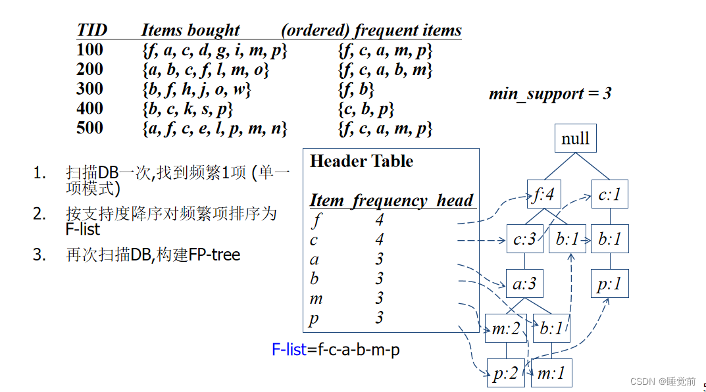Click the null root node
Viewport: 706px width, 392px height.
575,139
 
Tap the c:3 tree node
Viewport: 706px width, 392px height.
525,239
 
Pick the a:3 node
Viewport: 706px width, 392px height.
524,284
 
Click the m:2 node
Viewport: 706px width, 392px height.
505,329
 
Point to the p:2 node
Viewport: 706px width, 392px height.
505,374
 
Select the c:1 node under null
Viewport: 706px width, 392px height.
609,195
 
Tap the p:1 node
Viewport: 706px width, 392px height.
609,285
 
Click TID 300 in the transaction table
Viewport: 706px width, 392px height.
89,89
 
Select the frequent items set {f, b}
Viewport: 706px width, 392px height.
356,89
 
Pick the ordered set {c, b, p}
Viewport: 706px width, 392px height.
366,109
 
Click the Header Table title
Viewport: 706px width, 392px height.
361,162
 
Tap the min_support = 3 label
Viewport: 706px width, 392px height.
550,93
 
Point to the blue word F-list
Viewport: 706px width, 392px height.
289,350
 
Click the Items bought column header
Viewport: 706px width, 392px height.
190,30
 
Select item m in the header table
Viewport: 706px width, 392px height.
316,299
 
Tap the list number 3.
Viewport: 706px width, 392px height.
39,255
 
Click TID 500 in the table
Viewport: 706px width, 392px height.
89,128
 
